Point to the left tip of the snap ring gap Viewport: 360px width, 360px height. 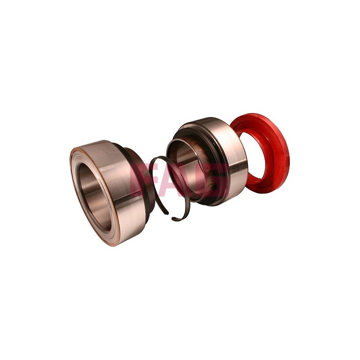pyautogui.click(x=167, y=213)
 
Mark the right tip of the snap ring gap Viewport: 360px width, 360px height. pyautogui.click(x=173, y=218)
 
